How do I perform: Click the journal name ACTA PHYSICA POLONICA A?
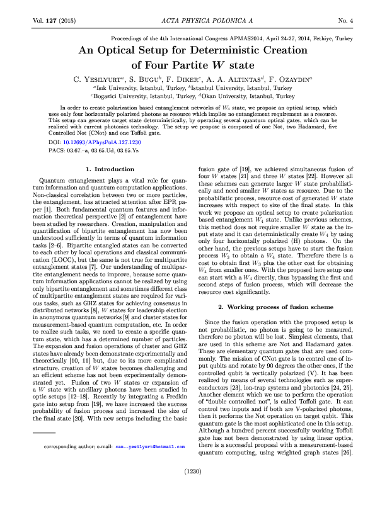click(x=188, y=21)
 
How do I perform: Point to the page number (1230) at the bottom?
click(x=187, y=488)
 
